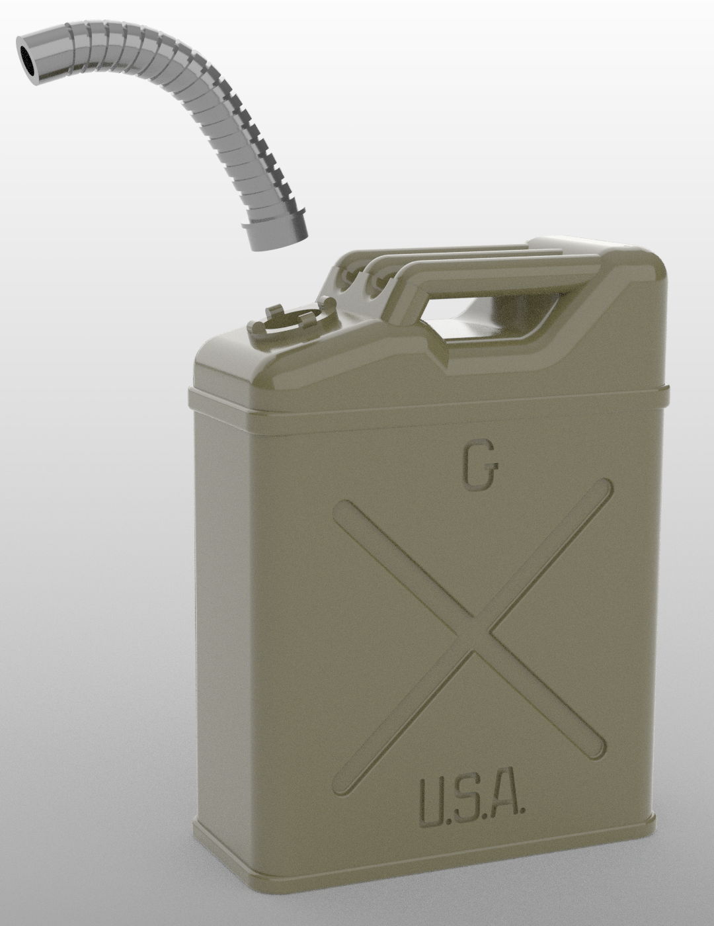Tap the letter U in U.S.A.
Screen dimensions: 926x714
433,804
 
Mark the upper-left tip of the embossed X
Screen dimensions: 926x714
345,511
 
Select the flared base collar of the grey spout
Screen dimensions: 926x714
275,234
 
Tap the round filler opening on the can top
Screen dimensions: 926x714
291,319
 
